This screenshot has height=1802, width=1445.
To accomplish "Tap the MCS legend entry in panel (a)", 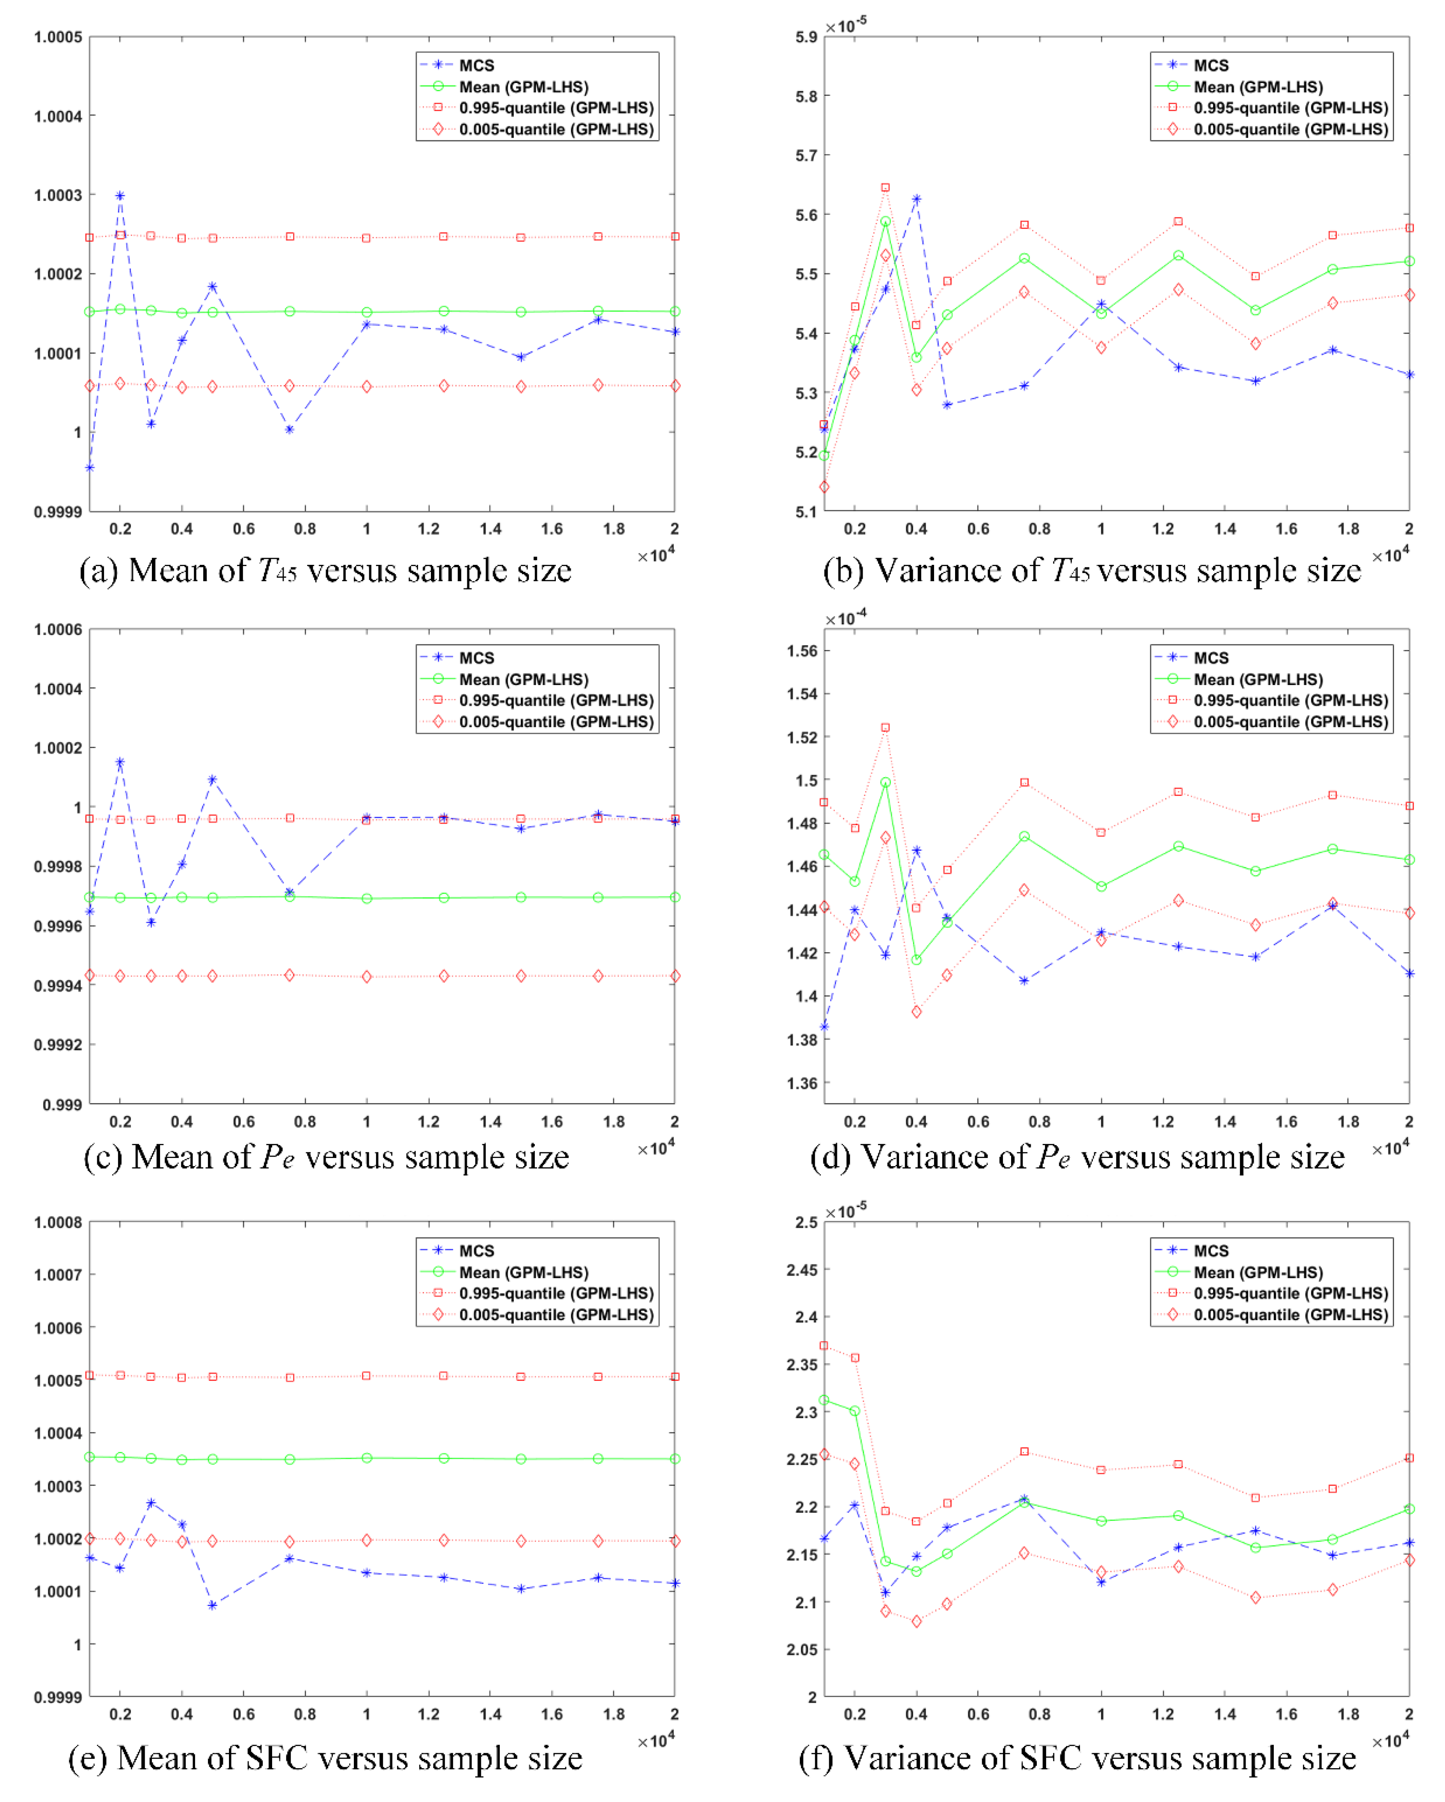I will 476,65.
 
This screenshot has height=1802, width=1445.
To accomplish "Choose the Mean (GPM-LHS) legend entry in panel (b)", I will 1258,87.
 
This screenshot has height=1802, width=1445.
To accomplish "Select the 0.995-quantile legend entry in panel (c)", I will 556,701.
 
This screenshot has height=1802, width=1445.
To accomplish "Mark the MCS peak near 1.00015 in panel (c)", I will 120,762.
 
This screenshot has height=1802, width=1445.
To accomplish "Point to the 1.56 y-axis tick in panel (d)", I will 802,651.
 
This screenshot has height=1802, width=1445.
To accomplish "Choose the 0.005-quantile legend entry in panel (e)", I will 556,1315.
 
